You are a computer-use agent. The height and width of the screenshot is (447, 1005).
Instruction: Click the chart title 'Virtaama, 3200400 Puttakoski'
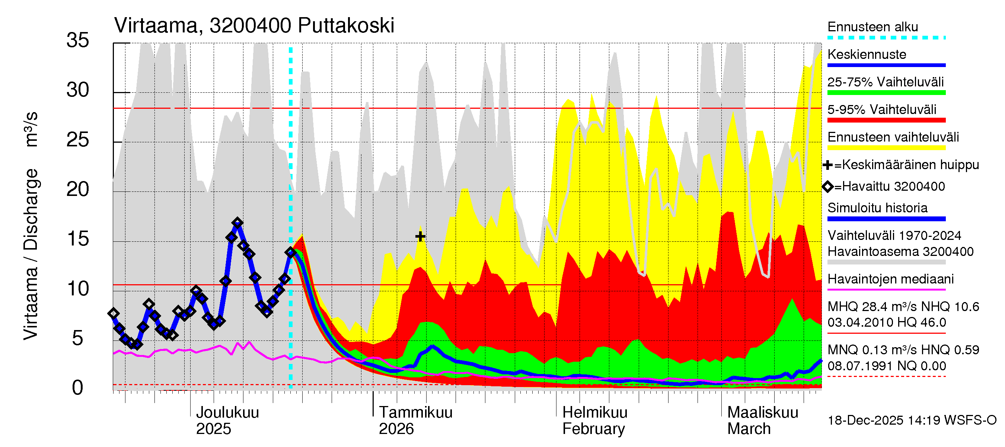tap(254, 26)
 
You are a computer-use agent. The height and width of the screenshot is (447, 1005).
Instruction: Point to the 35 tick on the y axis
tap(78, 41)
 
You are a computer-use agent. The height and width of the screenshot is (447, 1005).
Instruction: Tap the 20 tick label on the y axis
tap(78, 190)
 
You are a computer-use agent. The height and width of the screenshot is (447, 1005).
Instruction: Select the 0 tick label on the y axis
tap(78, 388)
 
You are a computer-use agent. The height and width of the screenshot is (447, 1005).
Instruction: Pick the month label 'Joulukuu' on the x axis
tap(227, 413)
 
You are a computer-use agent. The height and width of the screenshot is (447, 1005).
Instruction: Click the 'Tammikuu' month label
tap(415, 413)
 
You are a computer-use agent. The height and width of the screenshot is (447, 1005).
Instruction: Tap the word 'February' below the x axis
tap(593, 429)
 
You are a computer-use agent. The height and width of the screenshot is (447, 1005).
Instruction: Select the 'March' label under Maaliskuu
tap(749, 429)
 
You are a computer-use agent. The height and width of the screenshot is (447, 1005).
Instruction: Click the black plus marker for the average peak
tap(420, 236)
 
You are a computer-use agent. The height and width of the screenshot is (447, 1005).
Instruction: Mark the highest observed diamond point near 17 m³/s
tap(237, 223)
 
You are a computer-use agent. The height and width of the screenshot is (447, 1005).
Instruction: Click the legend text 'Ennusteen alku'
tap(873, 27)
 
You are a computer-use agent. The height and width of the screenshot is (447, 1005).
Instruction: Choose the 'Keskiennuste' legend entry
tap(867, 55)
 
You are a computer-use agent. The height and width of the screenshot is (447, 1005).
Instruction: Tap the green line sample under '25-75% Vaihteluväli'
tap(886, 93)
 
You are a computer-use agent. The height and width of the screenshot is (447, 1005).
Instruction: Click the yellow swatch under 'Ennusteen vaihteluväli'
tap(886, 148)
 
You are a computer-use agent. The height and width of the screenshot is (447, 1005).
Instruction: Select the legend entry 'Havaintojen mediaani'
tap(890, 279)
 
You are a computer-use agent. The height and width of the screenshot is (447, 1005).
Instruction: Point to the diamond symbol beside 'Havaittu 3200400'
tap(827, 187)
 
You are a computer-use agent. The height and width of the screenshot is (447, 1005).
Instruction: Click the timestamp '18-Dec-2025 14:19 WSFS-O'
tap(912, 421)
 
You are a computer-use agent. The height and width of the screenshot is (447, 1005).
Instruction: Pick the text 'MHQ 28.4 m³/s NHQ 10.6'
tap(903, 307)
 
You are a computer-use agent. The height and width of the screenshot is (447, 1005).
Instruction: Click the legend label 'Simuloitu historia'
tap(877, 208)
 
